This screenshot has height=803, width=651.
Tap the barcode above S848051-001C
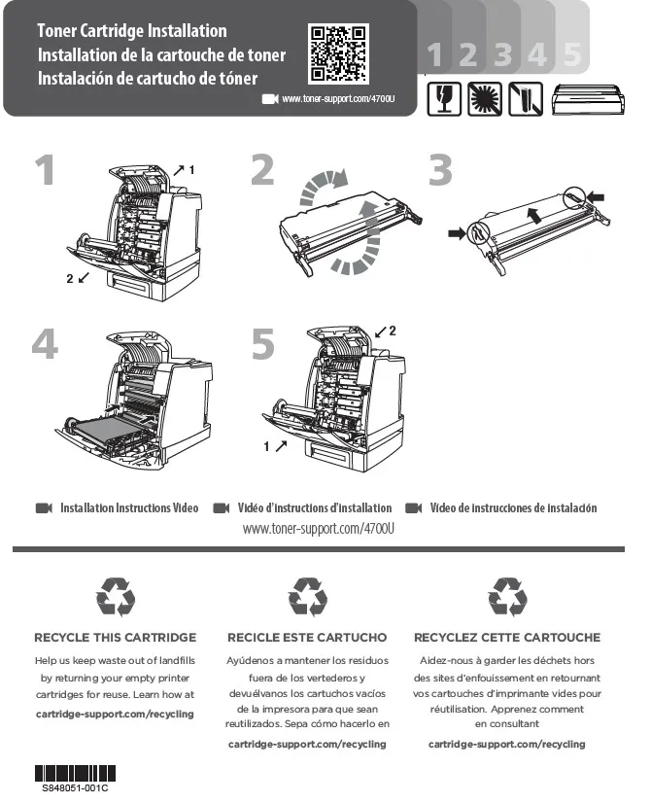click(x=75, y=774)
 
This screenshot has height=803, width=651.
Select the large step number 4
click(x=45, y=344)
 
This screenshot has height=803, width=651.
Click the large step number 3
click(x=440, y=171)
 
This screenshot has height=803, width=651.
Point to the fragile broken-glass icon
click(x=443, y=98)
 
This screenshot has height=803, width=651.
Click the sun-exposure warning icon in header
click(x=484, y=98)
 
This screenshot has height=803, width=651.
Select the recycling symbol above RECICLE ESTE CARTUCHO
click(x=308, y=597)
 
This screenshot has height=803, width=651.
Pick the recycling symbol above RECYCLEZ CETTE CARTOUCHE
click(x=507, y=597)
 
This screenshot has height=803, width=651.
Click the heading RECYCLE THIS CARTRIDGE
click(x=115, y=638)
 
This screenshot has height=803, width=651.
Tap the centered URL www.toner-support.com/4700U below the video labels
click(x=319, y=528)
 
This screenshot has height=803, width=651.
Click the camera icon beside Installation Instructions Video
click(x=43, y=508)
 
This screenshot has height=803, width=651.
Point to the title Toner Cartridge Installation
click(x=132, y=32)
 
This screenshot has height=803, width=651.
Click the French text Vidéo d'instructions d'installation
click(x=314, y=508)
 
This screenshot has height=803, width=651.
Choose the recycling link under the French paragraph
click(x=507, y=744)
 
